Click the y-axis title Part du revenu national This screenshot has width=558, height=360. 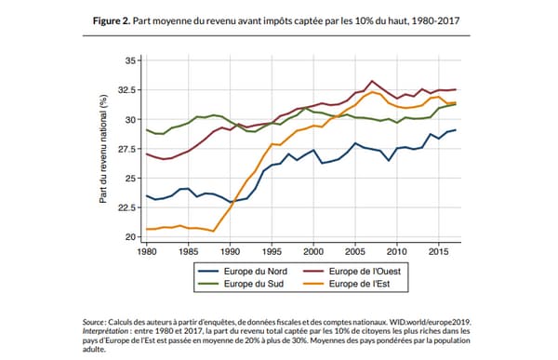click(x=105, y=149)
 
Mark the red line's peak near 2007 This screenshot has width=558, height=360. click(x=373, y=81)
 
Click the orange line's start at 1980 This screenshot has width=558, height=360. click(x=146, y=229)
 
